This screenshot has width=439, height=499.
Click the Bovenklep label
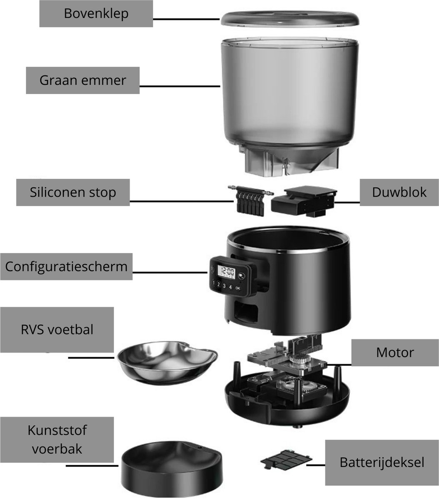[96, 14]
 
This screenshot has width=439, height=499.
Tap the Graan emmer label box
[82, 80]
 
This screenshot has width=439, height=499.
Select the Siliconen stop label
[73, 193]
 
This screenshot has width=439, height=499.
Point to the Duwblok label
[399, 193]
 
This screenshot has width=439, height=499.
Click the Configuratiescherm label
[66, 267]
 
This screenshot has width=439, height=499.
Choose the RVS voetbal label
[57, 330]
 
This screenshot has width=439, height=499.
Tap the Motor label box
[395, 353]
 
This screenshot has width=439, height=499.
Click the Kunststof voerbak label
[57, 440]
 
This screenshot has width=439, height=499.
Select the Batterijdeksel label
[382, 462]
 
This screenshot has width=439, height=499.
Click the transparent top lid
[290, 19]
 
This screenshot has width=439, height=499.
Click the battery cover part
[286, 459]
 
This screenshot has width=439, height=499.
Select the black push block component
[304, 201]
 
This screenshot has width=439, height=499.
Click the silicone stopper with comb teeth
[250, 200]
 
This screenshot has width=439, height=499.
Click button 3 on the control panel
[224, 286]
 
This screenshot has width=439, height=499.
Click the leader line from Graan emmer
[180, 86]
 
